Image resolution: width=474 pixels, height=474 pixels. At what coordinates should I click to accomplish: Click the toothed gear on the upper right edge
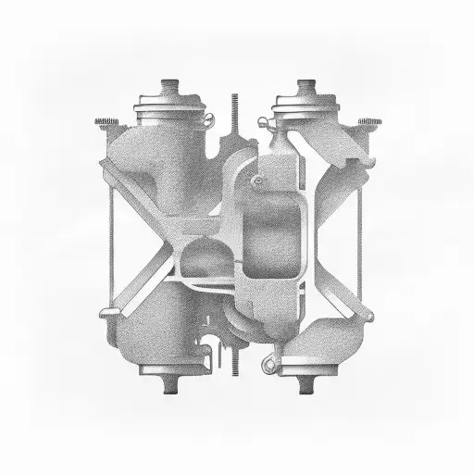click(x=368, y=121)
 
